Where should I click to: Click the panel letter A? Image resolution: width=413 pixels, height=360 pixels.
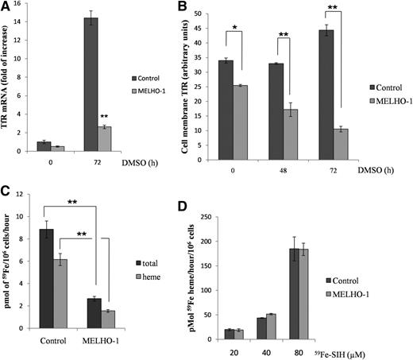7,7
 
